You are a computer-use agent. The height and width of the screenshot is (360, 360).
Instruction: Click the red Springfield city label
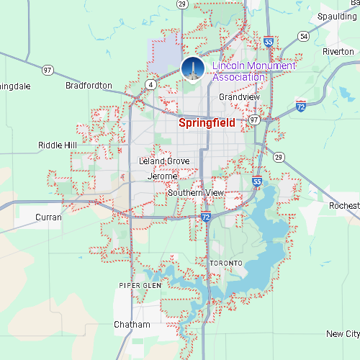(x=207, y=123)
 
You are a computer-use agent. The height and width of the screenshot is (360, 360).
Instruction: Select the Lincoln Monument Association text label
(x=244, y=71)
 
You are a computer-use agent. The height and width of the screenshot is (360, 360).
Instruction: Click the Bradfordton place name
(x=89, y=85)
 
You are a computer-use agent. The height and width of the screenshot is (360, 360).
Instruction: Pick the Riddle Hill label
(x=58, y=145)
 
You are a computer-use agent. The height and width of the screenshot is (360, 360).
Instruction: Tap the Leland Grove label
(x=164, y=161)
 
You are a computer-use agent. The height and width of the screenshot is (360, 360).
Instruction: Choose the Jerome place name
(x=162, y=176)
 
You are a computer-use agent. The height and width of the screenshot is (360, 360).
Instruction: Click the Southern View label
(x=196, y=193)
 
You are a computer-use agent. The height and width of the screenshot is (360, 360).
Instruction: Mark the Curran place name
(x=48, y=217)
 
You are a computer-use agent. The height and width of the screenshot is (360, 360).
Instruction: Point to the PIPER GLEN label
(x=136, y=285)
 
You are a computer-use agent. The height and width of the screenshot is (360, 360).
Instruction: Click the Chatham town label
(x=132, y=325)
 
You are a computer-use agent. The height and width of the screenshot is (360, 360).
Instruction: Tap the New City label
(x=342, y=334)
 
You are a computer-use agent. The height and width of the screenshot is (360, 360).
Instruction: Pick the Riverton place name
(x=338, y=52)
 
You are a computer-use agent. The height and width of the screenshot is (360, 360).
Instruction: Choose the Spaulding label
(x=339, y=16)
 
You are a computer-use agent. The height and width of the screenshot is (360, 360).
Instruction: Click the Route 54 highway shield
(x=304, y=36)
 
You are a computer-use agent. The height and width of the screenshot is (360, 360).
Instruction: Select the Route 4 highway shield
(x=150, y=84)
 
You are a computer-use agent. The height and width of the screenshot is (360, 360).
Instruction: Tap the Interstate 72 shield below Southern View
(x=206, y=216)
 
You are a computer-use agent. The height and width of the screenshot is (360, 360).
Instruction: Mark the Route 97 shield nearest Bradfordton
(x=48, y=70)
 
